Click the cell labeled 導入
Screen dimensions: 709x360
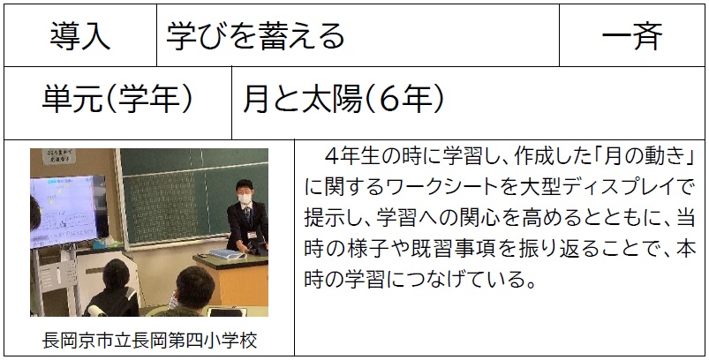point(80,36)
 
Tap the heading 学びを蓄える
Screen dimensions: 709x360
point(255,36)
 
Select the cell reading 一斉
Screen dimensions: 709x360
point(631,36)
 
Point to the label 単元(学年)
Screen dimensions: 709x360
point(117,100)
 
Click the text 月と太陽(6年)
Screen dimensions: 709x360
point(343,100)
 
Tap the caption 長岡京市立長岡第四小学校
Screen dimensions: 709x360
point(149,340)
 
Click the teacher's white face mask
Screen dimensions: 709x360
point(245,198)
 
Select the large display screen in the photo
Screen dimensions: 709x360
point(64,212)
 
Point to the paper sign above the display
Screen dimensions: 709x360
point(59,156)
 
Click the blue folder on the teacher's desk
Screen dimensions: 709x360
point(228,254)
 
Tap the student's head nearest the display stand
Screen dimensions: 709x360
point(117,276)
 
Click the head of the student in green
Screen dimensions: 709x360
point(194,288)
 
